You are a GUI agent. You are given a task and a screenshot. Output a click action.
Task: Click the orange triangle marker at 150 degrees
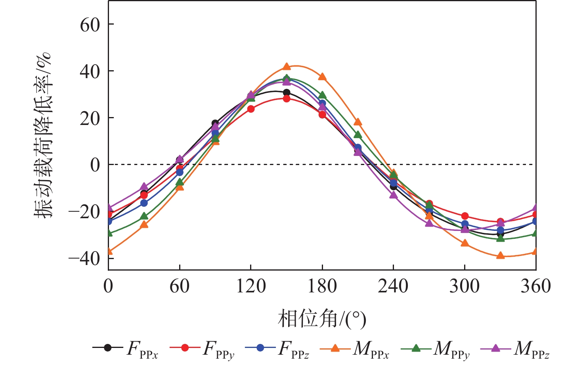click(x=287, y=67)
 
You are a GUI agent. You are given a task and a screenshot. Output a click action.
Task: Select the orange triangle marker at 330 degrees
click(x=501, y=255)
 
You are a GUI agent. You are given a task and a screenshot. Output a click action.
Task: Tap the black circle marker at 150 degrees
click(x=287, y=93)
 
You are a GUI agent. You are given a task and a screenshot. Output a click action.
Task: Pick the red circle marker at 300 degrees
click(x=465, y=216)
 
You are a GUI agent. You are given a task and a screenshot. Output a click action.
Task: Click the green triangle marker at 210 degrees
click(x=358, y=135)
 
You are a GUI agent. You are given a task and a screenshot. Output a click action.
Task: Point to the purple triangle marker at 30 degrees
click(x=144, y=186)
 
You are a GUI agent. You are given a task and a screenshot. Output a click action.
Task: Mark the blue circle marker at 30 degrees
click(x=144, y=203)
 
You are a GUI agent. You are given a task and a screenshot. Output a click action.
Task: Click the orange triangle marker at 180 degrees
click(x=322, y=77)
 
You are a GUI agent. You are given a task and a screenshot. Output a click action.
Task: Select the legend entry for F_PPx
click(x=125, y=348)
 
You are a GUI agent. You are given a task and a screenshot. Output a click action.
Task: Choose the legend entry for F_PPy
click(x=202, y=348)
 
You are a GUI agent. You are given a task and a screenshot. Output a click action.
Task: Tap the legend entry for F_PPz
click(x=277, y=348)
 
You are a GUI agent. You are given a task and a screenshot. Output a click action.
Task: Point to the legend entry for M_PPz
click(x=515, y=348)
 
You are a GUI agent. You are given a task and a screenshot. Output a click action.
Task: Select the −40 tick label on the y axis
click(x=84, y=258)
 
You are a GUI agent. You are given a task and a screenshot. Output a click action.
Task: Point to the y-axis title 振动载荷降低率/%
click(x=43, y=135)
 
